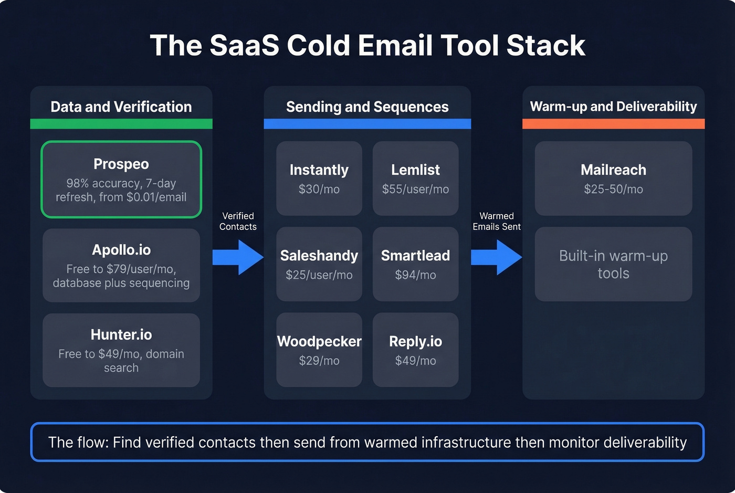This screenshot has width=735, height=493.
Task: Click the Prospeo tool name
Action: (121, 164)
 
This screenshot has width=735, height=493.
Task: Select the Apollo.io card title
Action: (121, 250)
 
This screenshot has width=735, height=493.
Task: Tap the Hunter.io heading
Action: (121, 335)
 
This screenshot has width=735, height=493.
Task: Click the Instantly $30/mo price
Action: (319, 190)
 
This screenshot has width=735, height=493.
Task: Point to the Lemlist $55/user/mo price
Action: (415, 190)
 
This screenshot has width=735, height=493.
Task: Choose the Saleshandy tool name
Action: (319, 256)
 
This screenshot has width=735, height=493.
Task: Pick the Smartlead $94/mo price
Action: (415, 275)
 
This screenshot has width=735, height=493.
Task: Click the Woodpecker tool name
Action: (319, 342)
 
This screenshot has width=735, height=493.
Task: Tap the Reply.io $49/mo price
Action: (415, 361)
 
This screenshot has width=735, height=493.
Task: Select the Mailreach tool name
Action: (613, 170)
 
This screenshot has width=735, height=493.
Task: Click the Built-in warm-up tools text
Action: (613, 265)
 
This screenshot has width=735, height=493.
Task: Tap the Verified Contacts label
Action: (238, 222)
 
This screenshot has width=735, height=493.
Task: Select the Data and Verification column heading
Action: (121, 107)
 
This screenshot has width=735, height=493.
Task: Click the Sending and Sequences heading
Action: (367, 107)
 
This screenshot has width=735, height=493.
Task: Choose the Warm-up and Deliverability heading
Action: (613, 107)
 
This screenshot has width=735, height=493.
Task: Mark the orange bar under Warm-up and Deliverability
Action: (613, 124)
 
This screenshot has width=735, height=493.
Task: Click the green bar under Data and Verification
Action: (121, 124)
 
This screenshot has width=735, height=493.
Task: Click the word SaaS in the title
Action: (244, 46)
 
